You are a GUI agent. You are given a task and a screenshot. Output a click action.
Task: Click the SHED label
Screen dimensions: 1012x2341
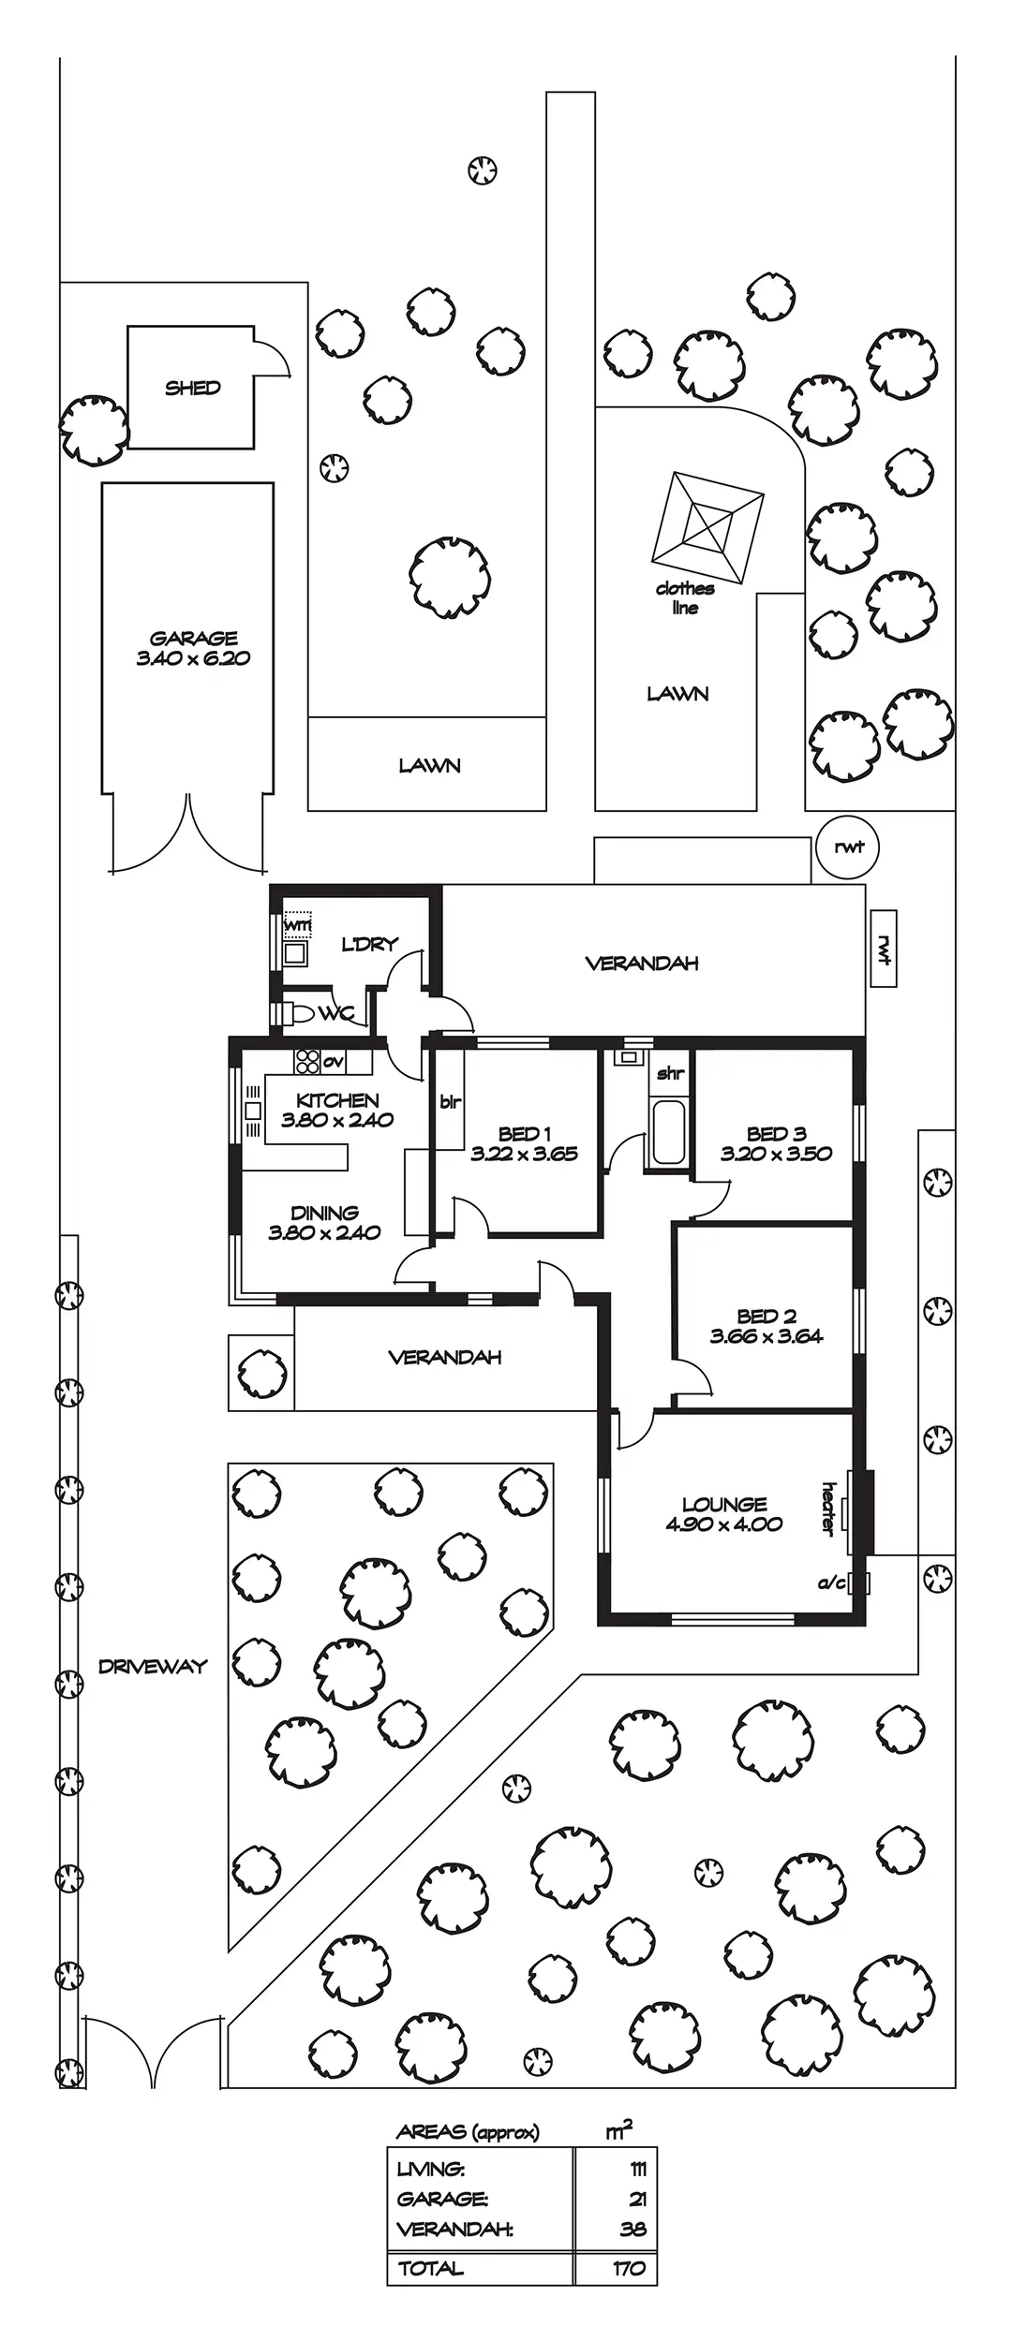193,388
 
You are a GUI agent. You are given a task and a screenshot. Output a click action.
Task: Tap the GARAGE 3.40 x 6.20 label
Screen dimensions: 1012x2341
194,648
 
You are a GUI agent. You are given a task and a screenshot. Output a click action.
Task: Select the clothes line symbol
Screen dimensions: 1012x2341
708,530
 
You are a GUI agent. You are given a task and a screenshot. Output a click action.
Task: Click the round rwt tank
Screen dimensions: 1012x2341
848,848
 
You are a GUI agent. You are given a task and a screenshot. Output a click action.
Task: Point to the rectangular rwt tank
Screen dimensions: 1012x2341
883,949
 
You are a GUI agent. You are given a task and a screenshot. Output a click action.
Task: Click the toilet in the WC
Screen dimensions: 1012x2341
296,1014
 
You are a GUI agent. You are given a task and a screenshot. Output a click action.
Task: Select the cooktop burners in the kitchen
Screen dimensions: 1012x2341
307,1061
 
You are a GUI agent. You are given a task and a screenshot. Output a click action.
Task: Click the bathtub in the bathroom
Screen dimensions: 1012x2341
668,1132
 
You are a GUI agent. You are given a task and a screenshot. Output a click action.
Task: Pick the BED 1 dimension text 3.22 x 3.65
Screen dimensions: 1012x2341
524,1155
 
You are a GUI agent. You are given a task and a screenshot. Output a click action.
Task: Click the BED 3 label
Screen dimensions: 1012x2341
776,1134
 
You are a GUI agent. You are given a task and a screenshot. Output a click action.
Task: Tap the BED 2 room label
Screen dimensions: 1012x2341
766,1317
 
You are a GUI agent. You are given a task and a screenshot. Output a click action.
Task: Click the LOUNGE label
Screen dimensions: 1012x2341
724,1505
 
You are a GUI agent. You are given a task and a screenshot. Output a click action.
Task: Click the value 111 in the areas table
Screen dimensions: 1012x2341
637,2170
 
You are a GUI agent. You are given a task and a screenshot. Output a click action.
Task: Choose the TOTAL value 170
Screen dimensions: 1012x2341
629,2268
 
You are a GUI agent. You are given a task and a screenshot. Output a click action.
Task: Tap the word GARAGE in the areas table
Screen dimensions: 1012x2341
442,2199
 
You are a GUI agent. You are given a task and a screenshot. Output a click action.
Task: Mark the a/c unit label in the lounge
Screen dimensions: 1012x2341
831,1583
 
